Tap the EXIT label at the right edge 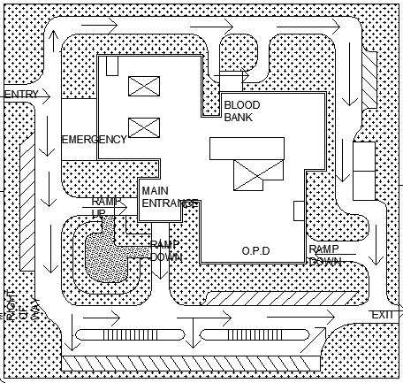point(382,316)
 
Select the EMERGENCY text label point(95,140)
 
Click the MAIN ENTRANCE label point(169,196)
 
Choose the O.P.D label point(255,251)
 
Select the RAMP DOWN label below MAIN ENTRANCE point(165,250)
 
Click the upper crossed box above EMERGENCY point(141,86)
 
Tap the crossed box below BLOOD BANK point(249,175)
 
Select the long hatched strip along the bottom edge point(190,363)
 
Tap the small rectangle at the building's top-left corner point(112,65)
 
